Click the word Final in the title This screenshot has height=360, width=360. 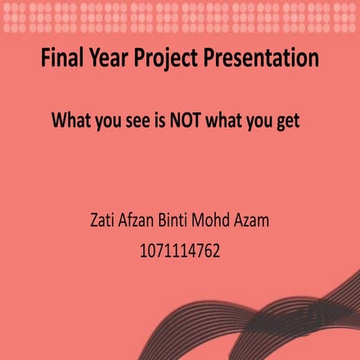tap(61, 58)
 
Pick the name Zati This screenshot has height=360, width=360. tap(103, 222)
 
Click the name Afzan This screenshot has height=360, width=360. tap(142, 222)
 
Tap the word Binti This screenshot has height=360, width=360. tap(184, 222)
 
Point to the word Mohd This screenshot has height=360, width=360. tap(226, 222)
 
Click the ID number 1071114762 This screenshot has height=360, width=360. tap(180, 251)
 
